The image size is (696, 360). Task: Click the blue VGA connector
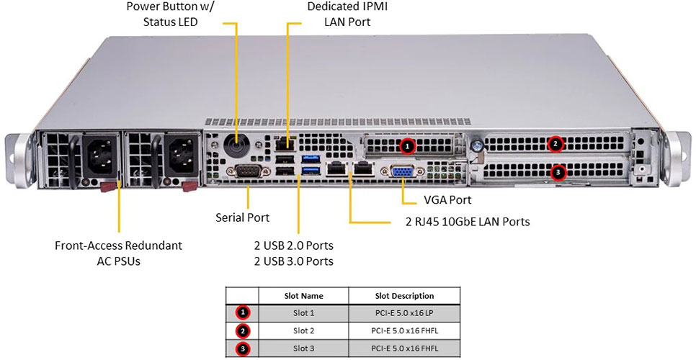pos(401,172)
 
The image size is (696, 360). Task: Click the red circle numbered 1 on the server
pos(407,145)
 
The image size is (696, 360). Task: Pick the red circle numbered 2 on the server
pos(555,143)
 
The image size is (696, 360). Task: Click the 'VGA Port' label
pos(437,199)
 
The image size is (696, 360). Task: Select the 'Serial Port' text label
pos(243,217)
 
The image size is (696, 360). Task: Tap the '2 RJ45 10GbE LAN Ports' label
pos(467,221)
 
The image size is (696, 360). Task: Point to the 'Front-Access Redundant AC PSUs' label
pos(118,253)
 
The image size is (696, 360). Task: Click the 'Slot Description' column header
pos(404,295)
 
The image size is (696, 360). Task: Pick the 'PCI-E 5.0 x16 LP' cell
pos(404,313)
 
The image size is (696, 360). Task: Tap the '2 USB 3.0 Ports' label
pos(293,261)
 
